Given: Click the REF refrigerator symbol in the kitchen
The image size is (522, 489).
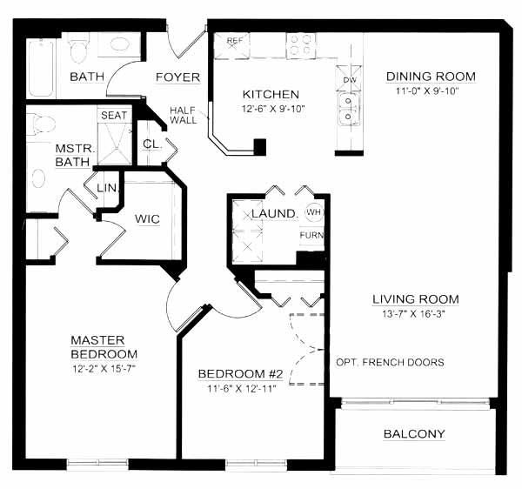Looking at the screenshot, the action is tap(231, 45).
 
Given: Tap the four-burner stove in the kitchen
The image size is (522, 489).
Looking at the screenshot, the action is tap(301, 45).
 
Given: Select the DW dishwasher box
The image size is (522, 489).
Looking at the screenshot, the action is tap(349, 79).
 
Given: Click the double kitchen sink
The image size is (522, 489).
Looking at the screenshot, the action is tap(349, 109).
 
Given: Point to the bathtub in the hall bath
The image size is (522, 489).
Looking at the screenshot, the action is tap(41, 68).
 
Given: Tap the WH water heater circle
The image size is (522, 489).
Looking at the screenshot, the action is tap(314, 212).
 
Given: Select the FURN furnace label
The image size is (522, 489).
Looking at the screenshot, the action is tap(311, 235).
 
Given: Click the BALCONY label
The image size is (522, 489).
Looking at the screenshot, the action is tap(414, 433).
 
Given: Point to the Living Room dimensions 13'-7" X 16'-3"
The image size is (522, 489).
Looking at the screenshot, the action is tap(414, 314).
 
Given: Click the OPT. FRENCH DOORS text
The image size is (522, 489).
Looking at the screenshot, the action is tap(390, 362).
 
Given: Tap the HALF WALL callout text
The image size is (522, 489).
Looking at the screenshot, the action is tap(183, 115).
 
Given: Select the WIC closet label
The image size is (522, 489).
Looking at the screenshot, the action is tap(147, 219).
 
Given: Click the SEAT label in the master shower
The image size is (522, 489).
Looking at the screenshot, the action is tap(114, 115).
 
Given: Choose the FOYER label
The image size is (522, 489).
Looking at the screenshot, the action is tap(177, 77).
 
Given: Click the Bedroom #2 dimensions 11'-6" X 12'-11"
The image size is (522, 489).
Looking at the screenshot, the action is tap(242, 388).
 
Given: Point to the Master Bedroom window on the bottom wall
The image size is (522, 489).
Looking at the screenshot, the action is tap(97, 465).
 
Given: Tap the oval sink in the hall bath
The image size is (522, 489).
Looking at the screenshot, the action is tap(119, 44).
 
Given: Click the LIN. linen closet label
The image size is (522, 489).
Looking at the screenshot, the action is tap(107, 188).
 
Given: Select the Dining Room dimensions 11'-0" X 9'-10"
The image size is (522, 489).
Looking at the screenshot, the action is tap(427, 90).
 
